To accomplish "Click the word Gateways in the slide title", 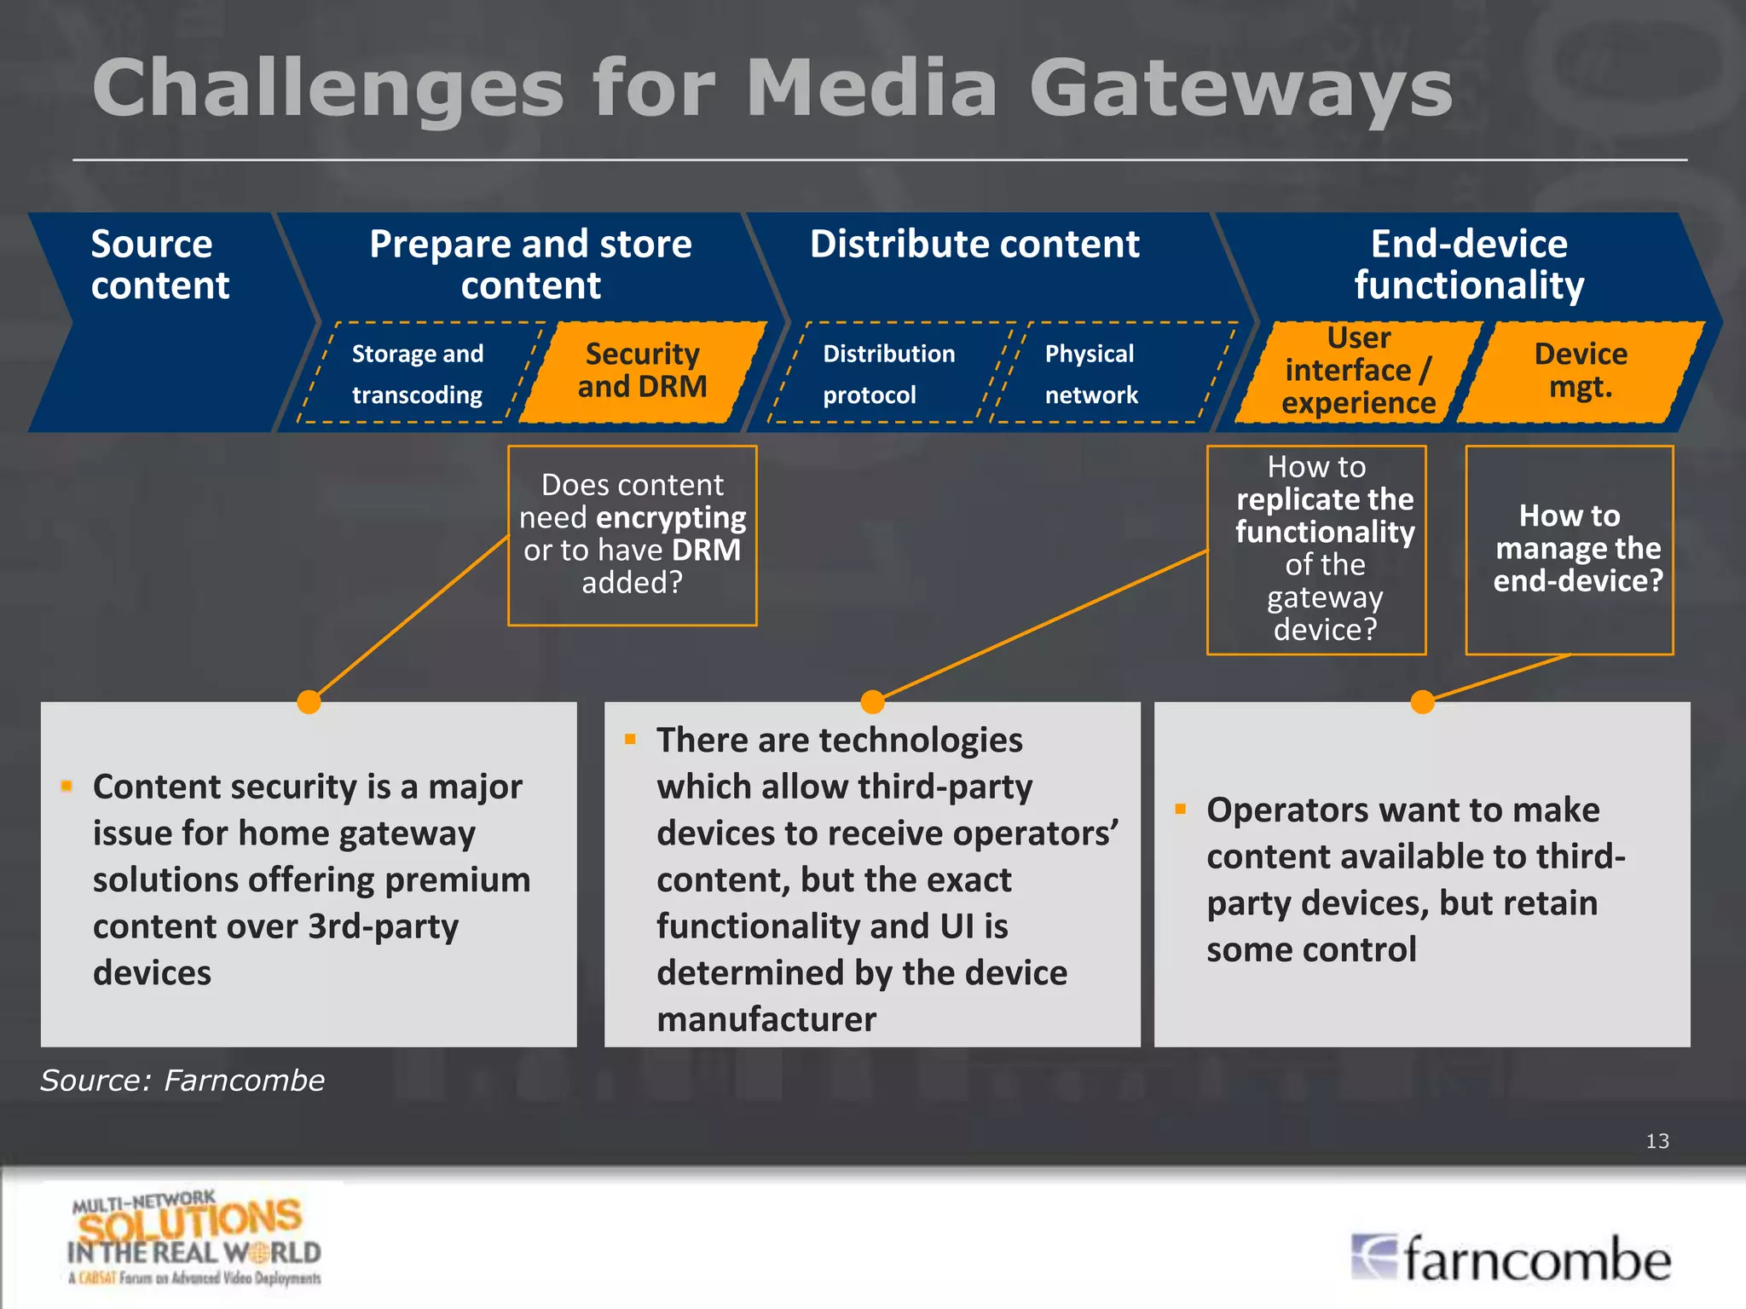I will tap(1240, 89).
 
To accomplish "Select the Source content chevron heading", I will tap(159, 264).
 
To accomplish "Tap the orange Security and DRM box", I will tap(642, 371).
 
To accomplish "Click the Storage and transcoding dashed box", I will tap(418, 374).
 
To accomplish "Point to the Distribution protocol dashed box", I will tap(888, 374).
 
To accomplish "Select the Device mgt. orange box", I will tap(1581, 371).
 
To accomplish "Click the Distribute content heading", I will tap(974, 245).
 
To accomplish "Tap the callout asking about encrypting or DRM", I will tap(633, 535).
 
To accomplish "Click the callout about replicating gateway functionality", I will tap(1316, 550).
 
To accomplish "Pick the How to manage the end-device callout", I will tap(1570, 550).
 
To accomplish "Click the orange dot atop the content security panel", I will tap(309, 702).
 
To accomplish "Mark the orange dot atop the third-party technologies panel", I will tap(872, 702).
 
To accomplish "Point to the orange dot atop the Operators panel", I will tap(1422, 702).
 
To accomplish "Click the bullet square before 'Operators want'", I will tap(1181, 809).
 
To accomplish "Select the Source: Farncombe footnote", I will tap(182, 1081).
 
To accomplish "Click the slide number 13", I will tap(1656, 1141).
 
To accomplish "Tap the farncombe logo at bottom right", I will tap(1511, 1259).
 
